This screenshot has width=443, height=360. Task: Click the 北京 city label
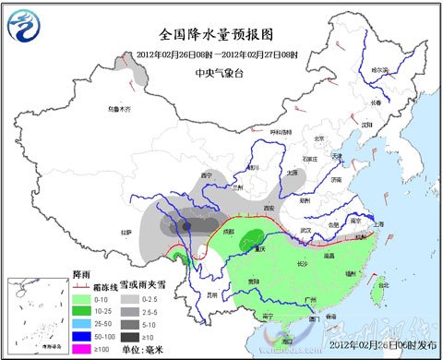(x=320, y=139)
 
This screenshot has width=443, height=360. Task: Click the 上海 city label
(x=377, y=223)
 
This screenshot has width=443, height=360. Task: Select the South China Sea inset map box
(x=33, y=318)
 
